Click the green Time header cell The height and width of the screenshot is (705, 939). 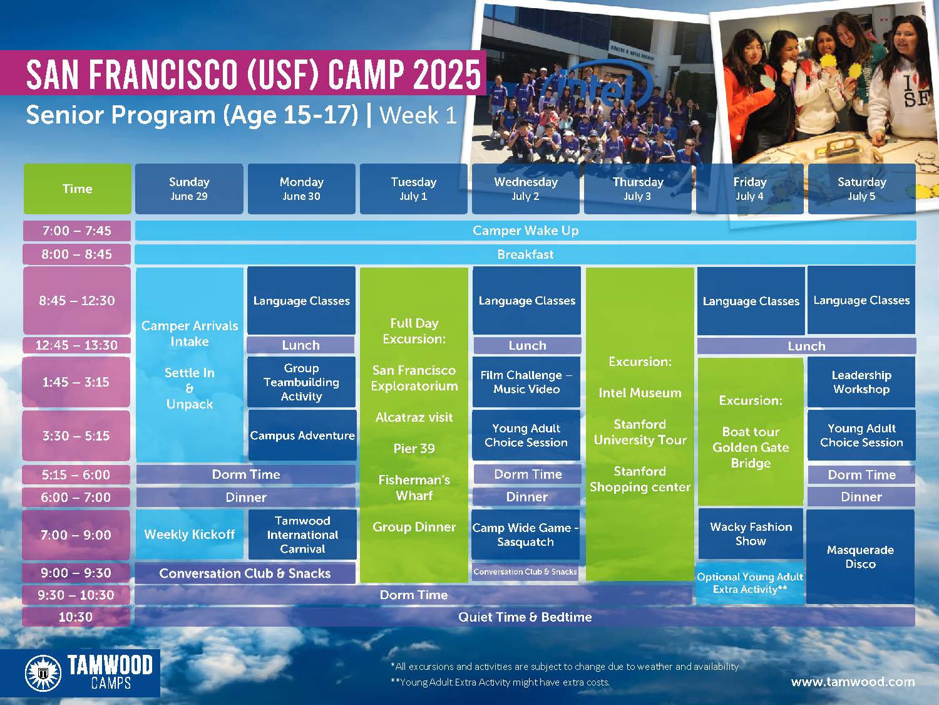(x=78, y=189)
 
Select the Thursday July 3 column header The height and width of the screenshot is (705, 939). (x=637, y=189)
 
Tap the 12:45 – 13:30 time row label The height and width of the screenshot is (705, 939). (x=76, y=345)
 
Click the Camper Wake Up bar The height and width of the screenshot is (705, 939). (x=525, y=231)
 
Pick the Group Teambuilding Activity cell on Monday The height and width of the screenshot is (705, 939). (x=301, y=382)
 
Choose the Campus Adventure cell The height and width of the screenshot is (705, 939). (x=302, y=436)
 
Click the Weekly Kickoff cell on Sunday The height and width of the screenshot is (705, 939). (x=189, y=534)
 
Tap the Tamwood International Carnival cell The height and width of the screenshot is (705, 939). (x=302, y=534)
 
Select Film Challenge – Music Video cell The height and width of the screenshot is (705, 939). (x=526, y=382)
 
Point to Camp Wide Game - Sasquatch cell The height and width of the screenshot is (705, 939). (x=525, y=534)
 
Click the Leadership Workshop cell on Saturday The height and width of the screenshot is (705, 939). (x=861, y=382)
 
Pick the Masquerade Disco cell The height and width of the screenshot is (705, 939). (x=860, y=556)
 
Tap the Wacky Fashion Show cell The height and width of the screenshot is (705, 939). (x=751, y=534)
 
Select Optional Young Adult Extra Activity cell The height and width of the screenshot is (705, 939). (x=750, y=583)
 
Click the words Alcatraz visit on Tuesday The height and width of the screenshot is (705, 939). (x=414, y=417)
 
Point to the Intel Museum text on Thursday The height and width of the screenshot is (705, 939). (x=640, y=393)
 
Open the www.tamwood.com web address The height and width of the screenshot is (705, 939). (x=853, y=682)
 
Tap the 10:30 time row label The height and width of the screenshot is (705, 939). (x=76, y=617)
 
